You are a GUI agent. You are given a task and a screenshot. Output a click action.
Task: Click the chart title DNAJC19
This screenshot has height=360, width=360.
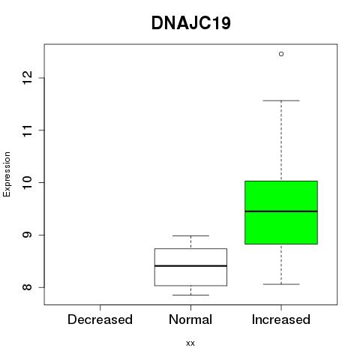[191, 23]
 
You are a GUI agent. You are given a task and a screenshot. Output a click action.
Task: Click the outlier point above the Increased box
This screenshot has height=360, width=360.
[281, 54]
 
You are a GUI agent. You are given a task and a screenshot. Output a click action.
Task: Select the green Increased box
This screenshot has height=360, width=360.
[281, 212]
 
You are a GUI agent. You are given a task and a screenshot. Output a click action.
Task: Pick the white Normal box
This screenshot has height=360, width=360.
[190, 267]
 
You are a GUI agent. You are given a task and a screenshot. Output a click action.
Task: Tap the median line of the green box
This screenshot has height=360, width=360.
[281, 211]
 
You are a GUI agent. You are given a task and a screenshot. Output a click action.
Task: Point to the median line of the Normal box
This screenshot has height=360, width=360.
[190, 265]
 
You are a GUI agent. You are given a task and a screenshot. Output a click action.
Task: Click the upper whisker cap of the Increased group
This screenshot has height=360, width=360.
[281, 100]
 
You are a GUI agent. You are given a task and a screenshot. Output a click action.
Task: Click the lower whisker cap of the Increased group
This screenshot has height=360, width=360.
[281, 284]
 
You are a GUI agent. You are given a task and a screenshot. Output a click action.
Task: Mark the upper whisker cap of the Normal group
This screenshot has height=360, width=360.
[190, 235]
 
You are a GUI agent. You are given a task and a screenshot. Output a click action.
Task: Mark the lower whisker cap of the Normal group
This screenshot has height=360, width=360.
[190, 295]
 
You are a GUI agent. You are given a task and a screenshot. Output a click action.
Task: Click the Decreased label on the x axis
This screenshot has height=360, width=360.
[100, 319]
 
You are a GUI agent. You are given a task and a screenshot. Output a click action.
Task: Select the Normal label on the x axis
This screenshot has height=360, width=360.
[190, 319]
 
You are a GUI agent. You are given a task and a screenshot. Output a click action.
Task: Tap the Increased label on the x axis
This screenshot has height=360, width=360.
[281, 319]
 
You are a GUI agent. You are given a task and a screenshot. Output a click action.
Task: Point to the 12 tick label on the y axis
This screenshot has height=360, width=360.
[28, 78]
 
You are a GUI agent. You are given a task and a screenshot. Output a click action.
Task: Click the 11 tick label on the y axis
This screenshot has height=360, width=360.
[28, 130]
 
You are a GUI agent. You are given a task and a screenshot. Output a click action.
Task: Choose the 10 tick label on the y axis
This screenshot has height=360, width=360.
[28, 182]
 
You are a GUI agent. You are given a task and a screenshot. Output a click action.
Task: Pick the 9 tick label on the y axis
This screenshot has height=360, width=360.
[28, 235]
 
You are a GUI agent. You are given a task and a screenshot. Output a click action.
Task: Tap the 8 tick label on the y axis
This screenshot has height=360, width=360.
[28, 287]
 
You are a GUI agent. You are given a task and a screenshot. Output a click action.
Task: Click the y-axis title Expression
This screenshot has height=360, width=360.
[7, 174]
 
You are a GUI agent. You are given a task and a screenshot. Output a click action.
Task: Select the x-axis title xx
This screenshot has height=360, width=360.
[190, 343]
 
